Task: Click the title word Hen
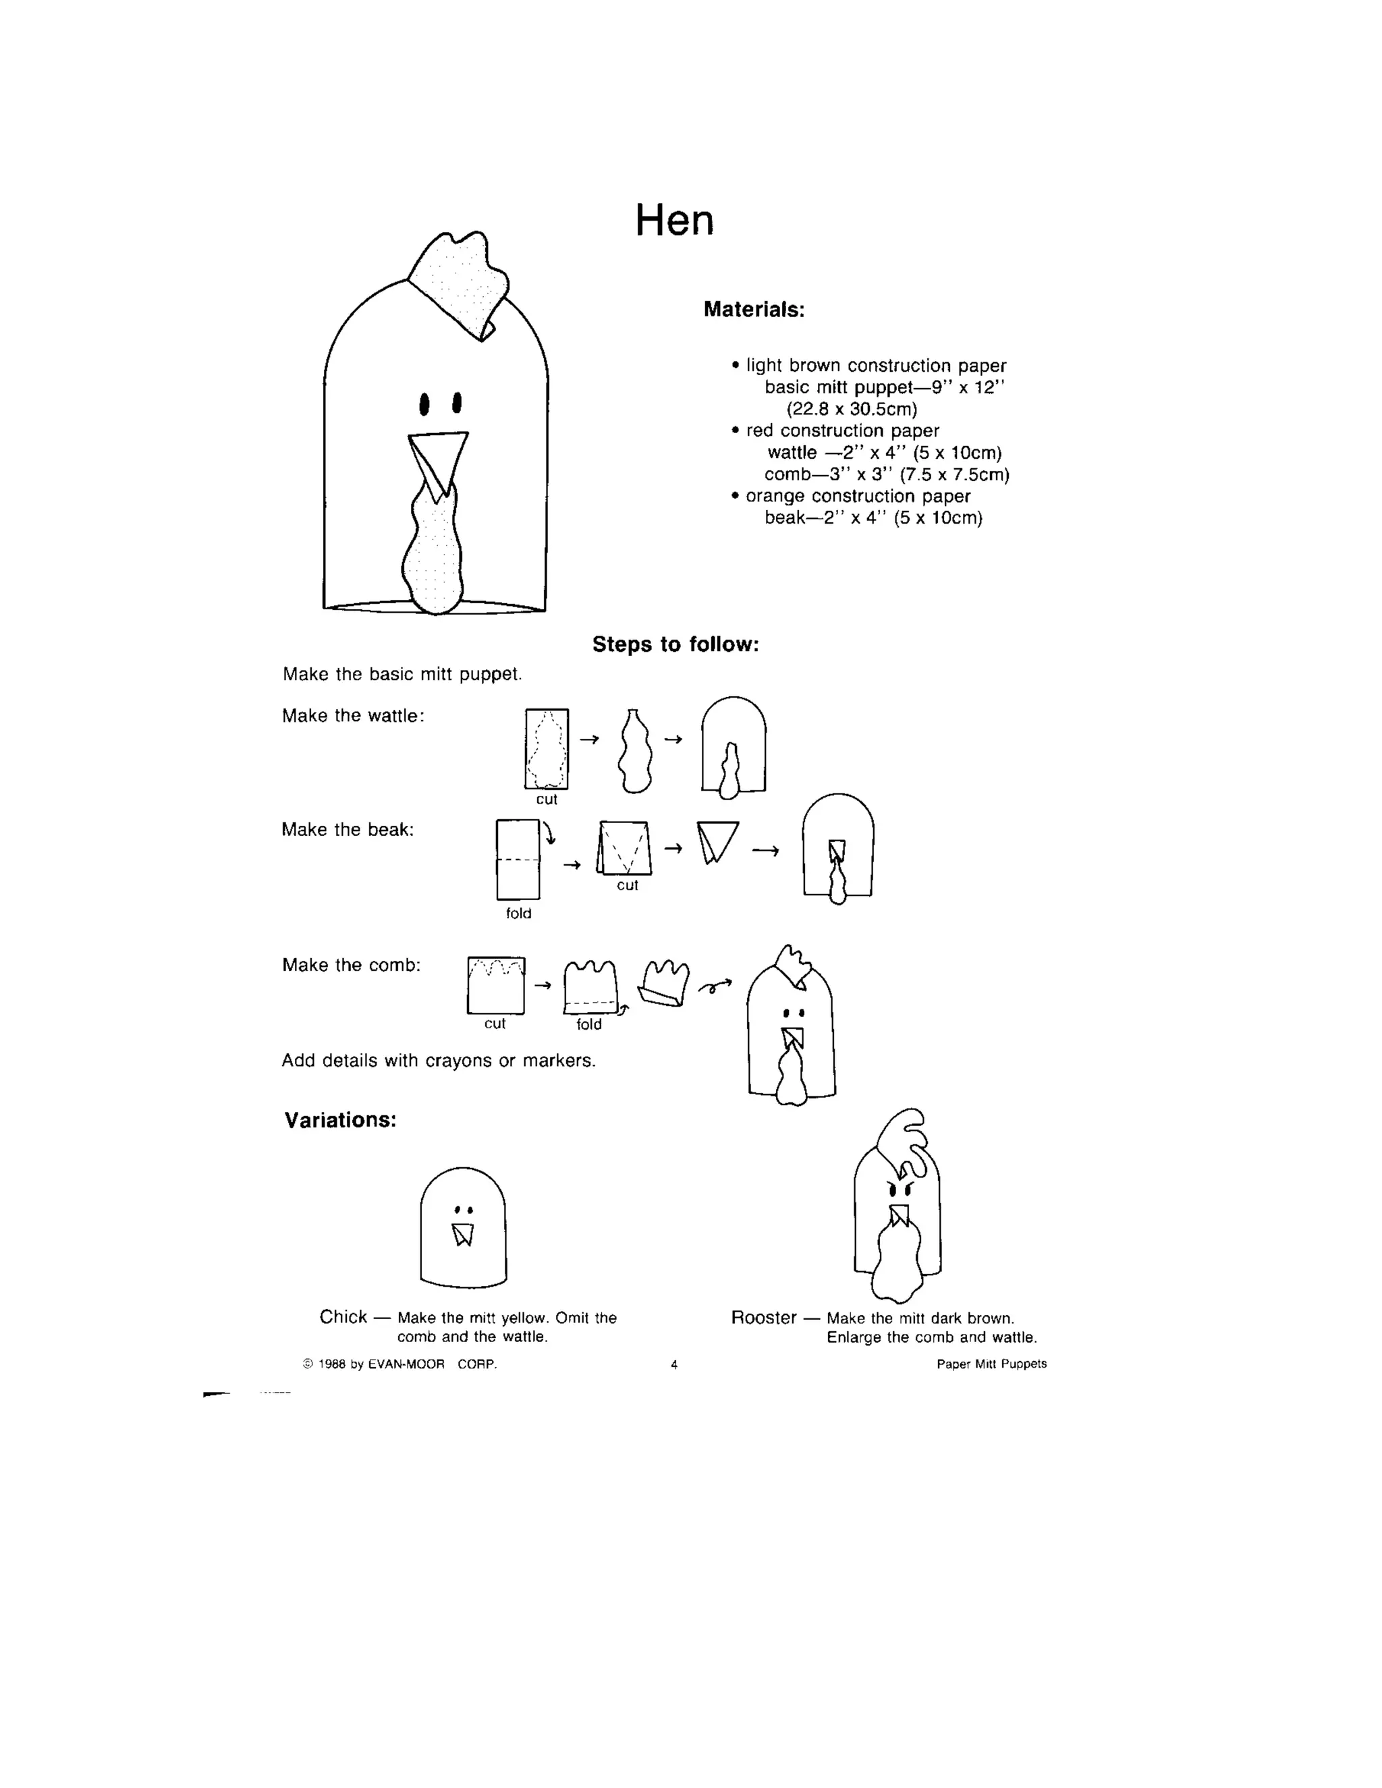(675, 221)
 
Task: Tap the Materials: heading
(754, 310)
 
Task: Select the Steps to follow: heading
(675, 644)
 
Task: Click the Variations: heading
(340, 1120)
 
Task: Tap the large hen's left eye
(424, 403)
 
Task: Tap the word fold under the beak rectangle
(518, 914)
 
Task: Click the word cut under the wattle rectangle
(546, 799)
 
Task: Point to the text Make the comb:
(351, 966)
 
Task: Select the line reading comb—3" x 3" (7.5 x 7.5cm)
(887, 475)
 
